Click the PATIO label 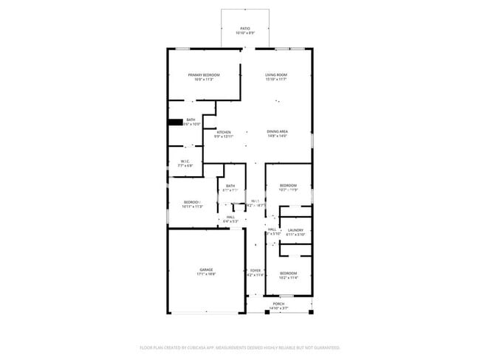click(244, 29)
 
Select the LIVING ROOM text click(276, 75)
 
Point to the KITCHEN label click(224, 132)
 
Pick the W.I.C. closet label click(185, 162)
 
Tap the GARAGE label click(205, 270)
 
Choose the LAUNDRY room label click(295, 230)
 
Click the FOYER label click(255, 271)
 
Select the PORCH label click(278, 304)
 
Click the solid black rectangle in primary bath click(175, 122)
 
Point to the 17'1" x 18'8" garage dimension click(205, 274)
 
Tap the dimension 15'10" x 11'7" click(276, 80)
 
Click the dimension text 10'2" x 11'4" click(288, 278)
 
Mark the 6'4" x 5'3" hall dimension click(230, 221)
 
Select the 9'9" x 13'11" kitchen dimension click(224, 136)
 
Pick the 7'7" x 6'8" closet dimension click(185, 166)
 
